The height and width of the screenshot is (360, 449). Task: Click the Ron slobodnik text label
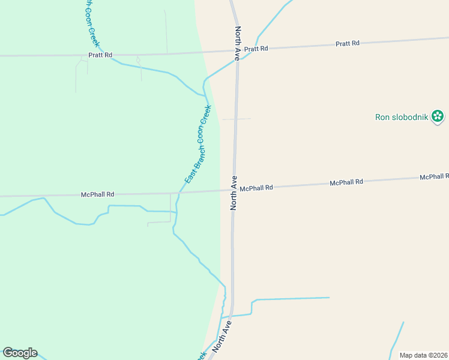click(402, 117)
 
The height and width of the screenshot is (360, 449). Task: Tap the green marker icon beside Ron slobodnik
click(438, 116)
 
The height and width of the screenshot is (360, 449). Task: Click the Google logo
click(20, 353)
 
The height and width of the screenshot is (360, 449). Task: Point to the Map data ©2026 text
click(424, 355)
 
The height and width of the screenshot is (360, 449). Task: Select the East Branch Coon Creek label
click(197, 145)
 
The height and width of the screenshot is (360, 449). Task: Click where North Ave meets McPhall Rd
click(234, 190)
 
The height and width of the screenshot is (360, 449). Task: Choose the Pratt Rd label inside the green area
click(100, 55)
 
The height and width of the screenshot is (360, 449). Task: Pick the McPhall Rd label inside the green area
click(97, 194)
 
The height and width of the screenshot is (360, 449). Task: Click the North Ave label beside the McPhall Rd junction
click(234, 193)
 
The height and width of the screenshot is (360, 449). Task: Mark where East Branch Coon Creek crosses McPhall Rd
click(180, 192)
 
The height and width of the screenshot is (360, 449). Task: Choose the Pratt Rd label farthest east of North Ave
click(348, 43)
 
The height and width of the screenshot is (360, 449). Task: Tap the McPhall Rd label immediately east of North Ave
click(256, 188)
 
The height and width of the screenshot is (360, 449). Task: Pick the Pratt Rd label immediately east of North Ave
click(256, 49)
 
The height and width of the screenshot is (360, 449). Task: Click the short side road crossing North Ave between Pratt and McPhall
click(237, 119)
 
